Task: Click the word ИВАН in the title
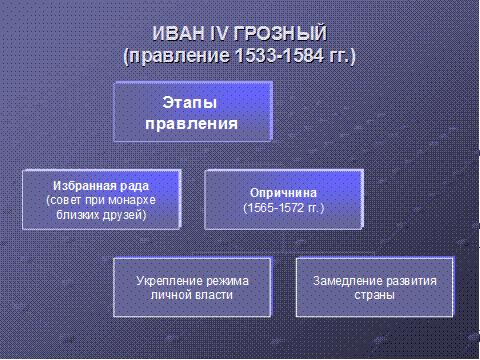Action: click(x=179, y=34)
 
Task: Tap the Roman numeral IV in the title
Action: click(x=219, y=34)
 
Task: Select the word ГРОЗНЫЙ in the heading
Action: click(x=280, y=34)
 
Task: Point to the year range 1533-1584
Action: click(x=279, y=55)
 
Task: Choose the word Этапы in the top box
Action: click(x=190, y=102)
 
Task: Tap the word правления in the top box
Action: click(x=192, y=124)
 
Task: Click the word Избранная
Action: click(x=85, y=186)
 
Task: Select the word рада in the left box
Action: click(x=134, y=186)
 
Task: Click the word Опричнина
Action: click(x=283, y=193)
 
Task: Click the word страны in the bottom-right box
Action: click(x=375, y=295)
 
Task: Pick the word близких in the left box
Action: click(x=77, y=215)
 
